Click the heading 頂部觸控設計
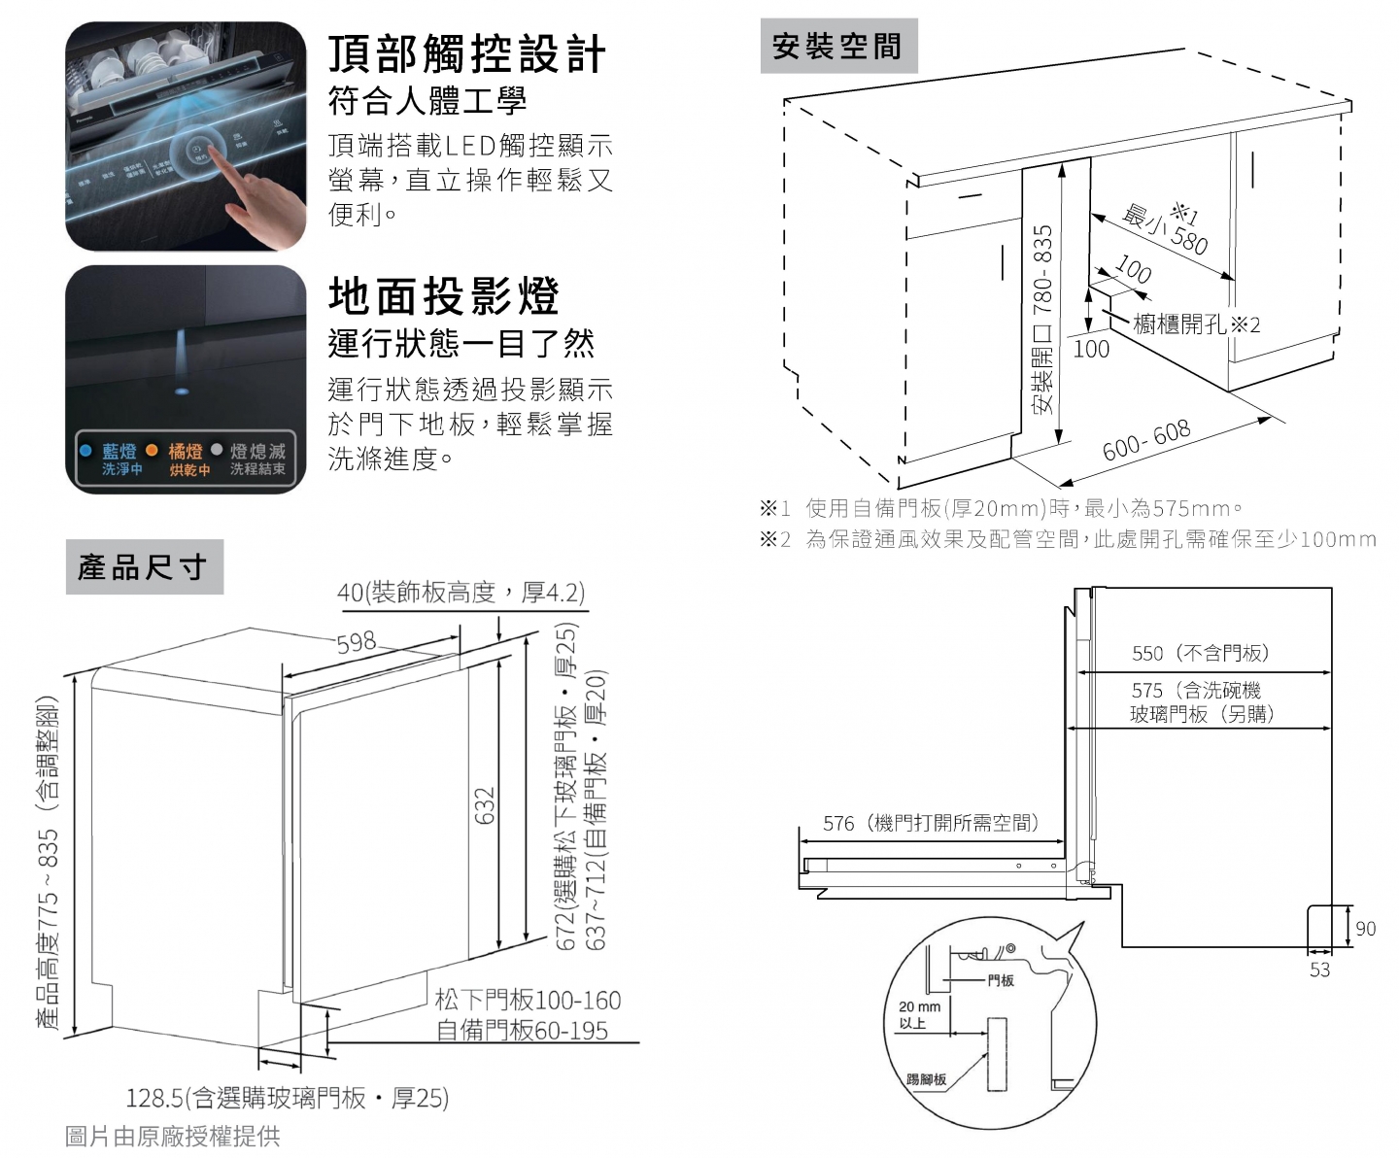tap(467, 53)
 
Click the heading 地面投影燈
tap(444, 295)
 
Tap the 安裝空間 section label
tap(836, 46)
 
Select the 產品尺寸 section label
tap(143, 566)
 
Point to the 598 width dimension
tap(357, 642)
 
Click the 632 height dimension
tap(485, 805)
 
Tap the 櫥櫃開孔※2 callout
tap(1196, 324)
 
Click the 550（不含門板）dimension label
tap(1200, 653)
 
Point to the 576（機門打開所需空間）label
tap(931, 823)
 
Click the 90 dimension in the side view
tap(1365, 928)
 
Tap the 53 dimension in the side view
tap(1319, 970)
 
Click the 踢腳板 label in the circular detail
tap(925, 1079)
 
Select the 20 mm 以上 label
tap(919, 1014)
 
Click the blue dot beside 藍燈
tap(85, 451)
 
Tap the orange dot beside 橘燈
tap(152, 451)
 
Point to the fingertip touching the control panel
tap(208, 157)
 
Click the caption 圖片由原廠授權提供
tap(172, 1136)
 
